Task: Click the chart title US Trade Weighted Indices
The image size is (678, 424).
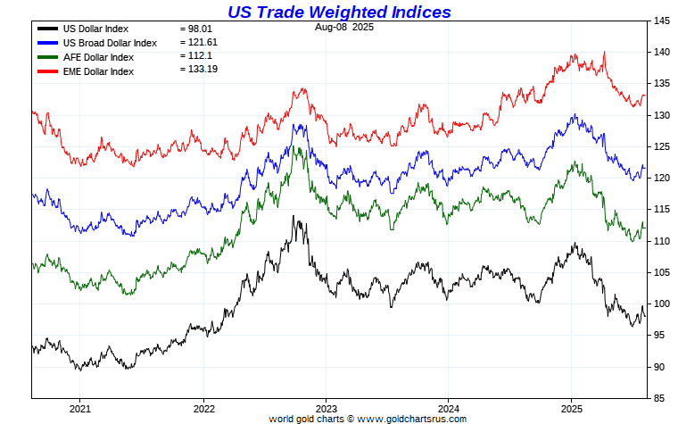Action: [339, 12]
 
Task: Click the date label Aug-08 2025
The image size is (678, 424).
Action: [344, 28]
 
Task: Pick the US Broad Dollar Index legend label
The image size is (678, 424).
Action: [110, 42]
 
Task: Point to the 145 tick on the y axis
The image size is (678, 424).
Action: [661, 21]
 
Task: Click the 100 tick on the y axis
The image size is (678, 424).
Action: [661, 303]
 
